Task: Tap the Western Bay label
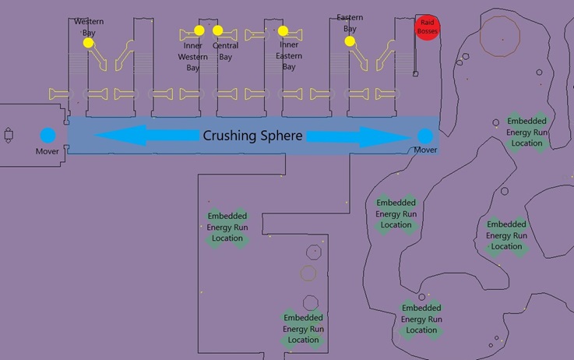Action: pos(90,27)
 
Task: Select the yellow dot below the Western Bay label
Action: pos(89,44)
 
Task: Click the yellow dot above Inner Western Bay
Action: pos(199,30)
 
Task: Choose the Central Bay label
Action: pos(225,51)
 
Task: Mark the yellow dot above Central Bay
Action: pos(218,30)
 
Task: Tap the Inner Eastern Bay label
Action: pos(289,56)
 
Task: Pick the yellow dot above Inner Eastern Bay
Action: pos(283,31)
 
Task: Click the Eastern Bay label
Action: pos(350,23)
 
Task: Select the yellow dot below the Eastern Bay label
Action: pos(350,41)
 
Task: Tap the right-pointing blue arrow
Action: pos(357,136)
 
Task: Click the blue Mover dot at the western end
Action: pos(48,135)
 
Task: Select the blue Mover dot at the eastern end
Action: pos(424,135)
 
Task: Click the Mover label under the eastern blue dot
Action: pos(425,150)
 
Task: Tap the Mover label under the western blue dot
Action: pos(48,150)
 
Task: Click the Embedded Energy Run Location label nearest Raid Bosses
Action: pos(526,132)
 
